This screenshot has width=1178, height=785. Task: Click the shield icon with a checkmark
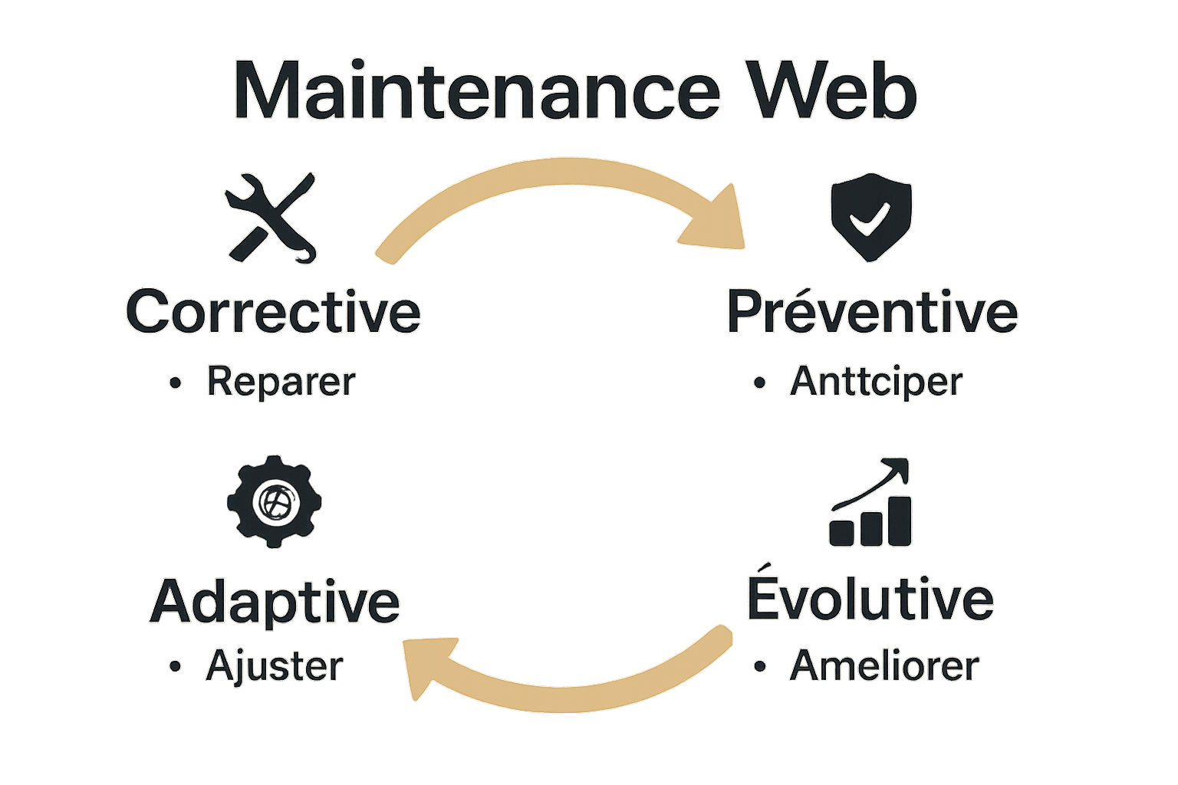click(x=871, y=217)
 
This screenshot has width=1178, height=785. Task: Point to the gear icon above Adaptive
click(x=274, y=502)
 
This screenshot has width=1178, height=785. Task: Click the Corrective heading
click(x=274, y=311)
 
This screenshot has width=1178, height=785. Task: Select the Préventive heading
click(x=872, y=311)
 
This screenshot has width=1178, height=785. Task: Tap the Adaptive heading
click(x=275, y=601)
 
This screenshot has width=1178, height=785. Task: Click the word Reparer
click(x=281, y=382)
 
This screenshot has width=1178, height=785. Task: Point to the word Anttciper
click(x=876, y=382)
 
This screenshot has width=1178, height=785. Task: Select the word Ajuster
click(x=274, y=666)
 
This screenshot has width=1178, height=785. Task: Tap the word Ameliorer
click(x=884, y=665)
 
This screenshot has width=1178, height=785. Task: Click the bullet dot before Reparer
click(x=176, y=383)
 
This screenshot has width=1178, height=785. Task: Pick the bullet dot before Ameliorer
click(x=760, y=666)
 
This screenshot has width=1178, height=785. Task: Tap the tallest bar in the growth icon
click(x=900, y=521)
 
